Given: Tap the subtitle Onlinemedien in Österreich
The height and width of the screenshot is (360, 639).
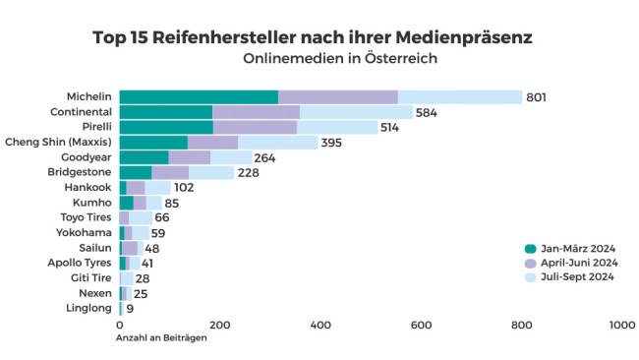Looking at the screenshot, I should pos(339,58).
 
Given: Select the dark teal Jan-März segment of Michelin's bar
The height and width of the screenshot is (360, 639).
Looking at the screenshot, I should pos(199,96).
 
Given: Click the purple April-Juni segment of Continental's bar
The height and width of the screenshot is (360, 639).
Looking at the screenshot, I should pos(256,112).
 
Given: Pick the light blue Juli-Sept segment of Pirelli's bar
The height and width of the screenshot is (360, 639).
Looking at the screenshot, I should pos(337,127).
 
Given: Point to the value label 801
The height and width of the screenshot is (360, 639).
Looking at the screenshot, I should pos(536,97).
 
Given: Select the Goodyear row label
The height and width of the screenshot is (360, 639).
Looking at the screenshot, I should pos(86,157).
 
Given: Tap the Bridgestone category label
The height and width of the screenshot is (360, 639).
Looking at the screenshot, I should pos(81,172).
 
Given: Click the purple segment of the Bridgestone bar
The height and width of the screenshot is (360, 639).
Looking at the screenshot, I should pos(170,172).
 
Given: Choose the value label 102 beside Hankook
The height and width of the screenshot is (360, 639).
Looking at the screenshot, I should pos(184,188).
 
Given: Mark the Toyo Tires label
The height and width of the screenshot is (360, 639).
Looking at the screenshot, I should pos(87,217).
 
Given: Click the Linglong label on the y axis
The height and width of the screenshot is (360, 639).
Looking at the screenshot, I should pos(89,308).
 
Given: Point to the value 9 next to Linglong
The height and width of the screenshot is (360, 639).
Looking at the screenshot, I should pos(130,309).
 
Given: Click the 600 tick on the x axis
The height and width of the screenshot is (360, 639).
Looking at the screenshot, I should pos(421,326).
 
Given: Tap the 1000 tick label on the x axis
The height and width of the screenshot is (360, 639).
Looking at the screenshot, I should pos(621,326).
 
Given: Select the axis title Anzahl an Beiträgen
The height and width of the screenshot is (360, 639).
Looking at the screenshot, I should pos(161,339).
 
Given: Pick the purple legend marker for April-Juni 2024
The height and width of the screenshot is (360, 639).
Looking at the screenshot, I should pos(531,263).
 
